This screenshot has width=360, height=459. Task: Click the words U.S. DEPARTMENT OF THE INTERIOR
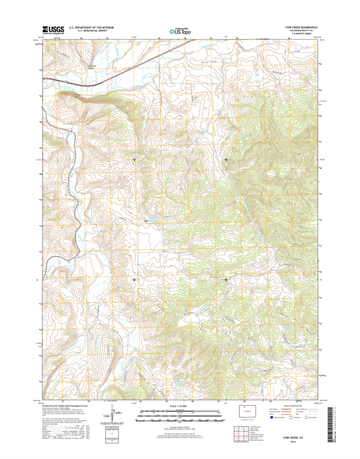pyautogui.click(x=91, y=26)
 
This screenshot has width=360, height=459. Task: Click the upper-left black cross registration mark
pyautogui.click(x=134, y=159)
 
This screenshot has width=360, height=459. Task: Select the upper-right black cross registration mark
pyautogui.click(x=226, y=159)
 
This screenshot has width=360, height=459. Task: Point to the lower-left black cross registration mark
pyautogui.click(x=134, y=279)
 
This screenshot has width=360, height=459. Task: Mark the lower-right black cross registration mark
pyautogui.click(x=226, y=279)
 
